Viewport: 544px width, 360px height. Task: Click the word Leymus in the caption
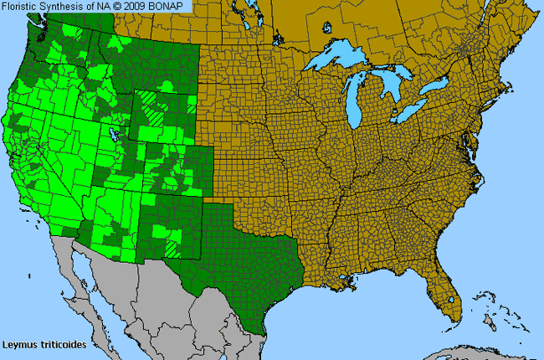(19, 343)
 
